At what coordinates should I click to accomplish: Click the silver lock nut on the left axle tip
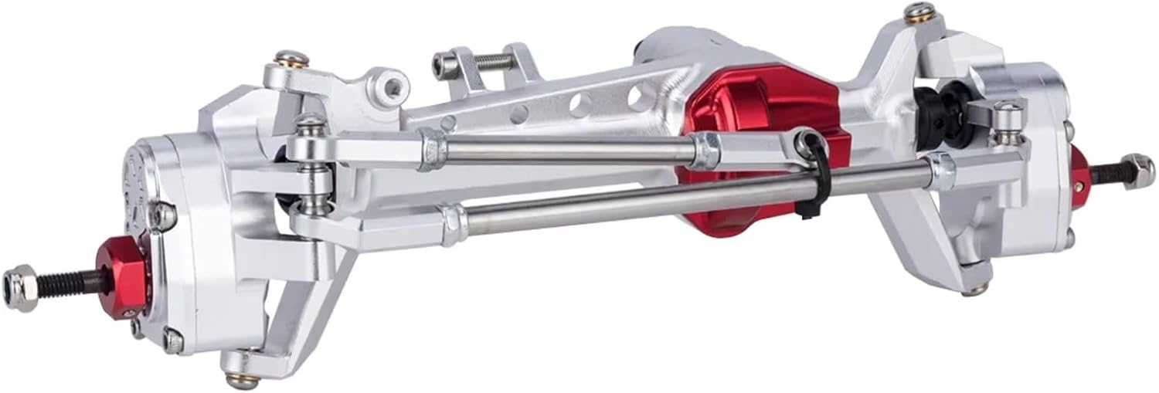[20, 283]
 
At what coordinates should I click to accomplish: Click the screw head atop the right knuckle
[917, 12]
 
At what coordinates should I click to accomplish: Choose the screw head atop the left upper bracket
[293, 59]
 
